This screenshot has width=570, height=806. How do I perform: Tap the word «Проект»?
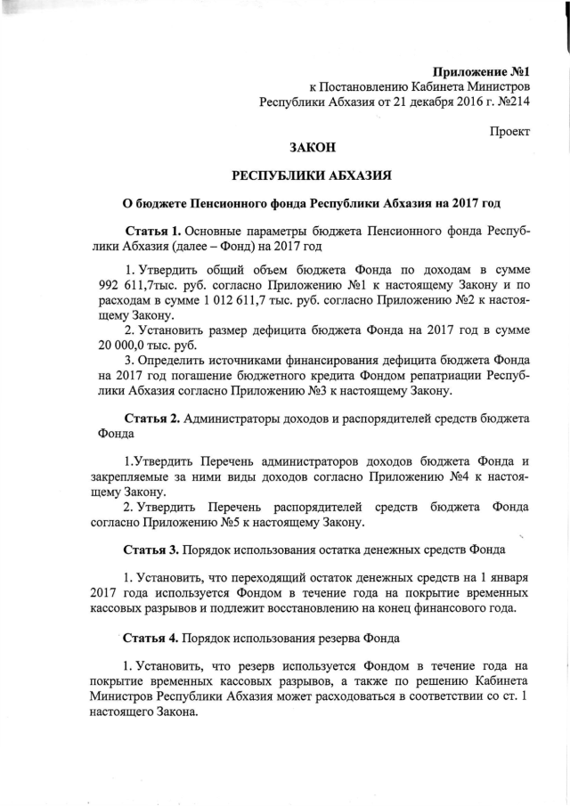(509, 132)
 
